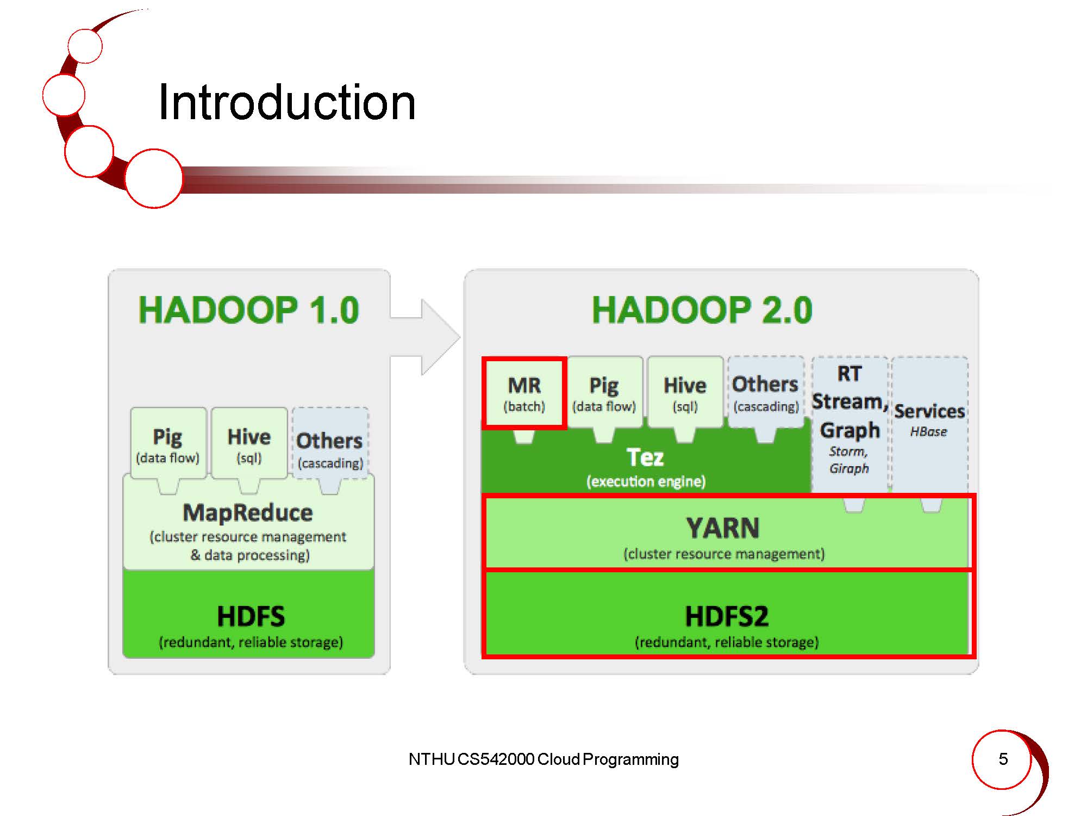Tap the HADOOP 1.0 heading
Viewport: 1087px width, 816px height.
click(249, 310)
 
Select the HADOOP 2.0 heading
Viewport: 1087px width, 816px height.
click(702, 310)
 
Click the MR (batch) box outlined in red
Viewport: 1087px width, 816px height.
click(524, 393)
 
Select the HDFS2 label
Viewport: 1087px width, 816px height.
click(727, 616)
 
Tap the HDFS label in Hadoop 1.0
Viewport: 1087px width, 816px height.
click(251, 616)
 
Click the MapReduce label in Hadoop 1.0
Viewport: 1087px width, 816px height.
click(248, 513)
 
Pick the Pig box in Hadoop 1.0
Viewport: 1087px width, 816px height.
click(168, 443)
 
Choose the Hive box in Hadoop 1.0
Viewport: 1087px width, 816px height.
click(249, 443)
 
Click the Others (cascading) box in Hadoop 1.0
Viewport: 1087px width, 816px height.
click(330, 449)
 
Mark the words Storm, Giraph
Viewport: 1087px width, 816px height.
click(849, 460)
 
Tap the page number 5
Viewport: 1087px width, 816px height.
click(1003, 759)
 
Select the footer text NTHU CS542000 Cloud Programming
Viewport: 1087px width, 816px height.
click(543, 759)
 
